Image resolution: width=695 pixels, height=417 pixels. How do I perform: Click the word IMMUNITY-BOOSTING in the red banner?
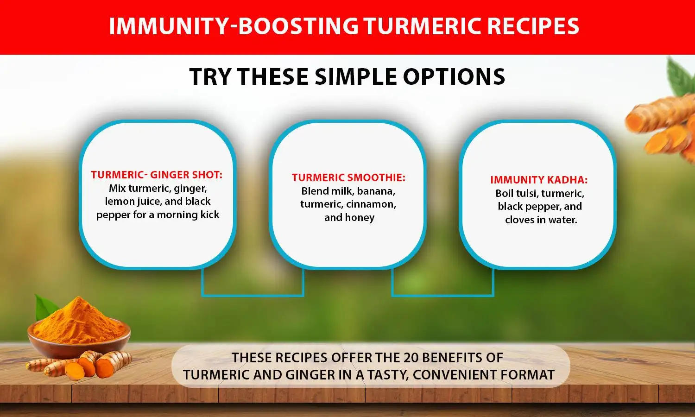click(x=233, y=26)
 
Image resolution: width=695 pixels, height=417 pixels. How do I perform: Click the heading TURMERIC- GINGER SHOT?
click(x=157, y=175)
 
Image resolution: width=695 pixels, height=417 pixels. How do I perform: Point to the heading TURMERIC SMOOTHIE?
click(x=348, y=177)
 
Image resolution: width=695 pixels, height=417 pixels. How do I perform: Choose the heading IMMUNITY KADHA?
click(x=539, y=180)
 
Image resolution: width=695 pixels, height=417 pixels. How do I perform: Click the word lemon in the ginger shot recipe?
click(x=119, y=202)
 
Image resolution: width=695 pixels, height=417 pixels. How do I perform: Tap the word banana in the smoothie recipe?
click(x=376, y=191)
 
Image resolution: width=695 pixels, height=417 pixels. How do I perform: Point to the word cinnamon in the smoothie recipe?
click(x=373, y=204)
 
